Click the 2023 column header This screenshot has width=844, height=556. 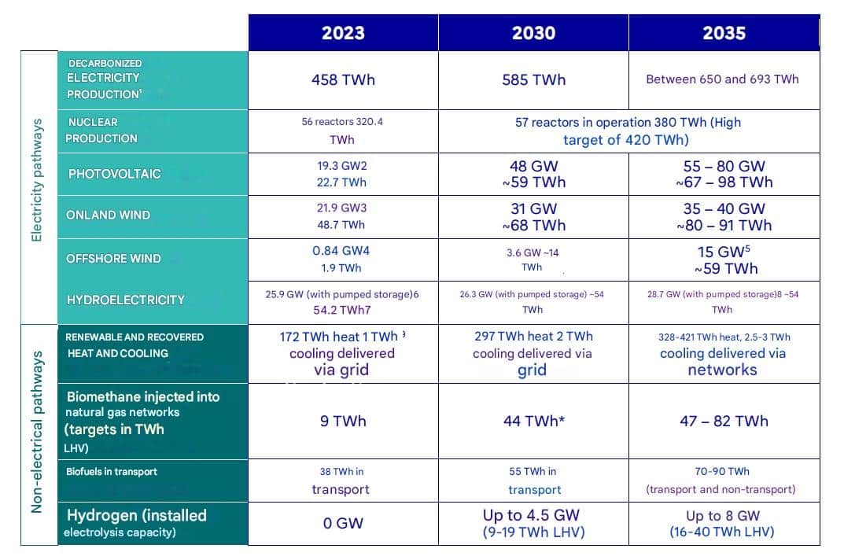tap(343, 33)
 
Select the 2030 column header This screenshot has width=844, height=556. tap(533, 33)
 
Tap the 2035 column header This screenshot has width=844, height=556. tap(724, 33)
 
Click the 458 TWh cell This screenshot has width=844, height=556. tap(343, 79)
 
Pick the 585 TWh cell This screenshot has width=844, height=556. tap(533, 79)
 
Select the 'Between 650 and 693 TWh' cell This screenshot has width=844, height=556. tap(722, 79)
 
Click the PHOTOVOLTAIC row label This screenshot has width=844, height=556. tap(114, 174)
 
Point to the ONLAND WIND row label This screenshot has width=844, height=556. tap(109, 215)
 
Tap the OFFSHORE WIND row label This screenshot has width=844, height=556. tap(113, 259)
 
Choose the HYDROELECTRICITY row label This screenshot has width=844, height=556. tap(126, 300)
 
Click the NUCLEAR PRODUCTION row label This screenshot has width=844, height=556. tap(101, 131)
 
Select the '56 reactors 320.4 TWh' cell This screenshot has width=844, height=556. tap(343, 131)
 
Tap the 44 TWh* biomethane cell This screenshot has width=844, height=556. tap(533, 421)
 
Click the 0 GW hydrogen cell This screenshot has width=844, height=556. tap(343, 523)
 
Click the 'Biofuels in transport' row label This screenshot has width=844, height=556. tap(111, 472)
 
